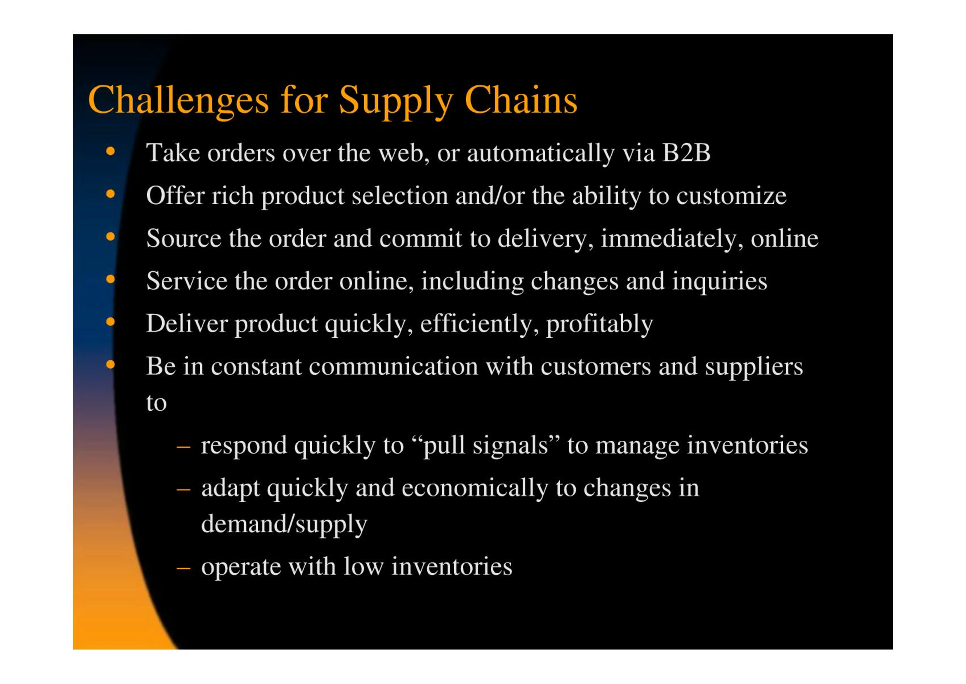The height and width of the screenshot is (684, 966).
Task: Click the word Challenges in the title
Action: click(x=178, y=101)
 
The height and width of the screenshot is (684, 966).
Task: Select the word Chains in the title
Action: click(x=521, y=100)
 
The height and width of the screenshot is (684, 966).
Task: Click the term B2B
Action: click(x=686, y=152)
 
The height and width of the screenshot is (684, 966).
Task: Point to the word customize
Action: click(x=731, y=196)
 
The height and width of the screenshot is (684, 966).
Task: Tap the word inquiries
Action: click(x=719, y=281)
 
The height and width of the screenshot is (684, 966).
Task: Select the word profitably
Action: click(x=599, y=324)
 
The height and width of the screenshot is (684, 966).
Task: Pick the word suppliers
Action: click(x=754, y=367)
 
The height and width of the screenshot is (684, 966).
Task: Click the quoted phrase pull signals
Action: click(x=486, y=445)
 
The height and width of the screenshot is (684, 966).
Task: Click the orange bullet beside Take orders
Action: click(x=111, y=151)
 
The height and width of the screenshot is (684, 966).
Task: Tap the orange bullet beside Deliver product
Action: click(x=111, y=321)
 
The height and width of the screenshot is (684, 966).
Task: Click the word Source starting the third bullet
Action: click(x=184, y=238)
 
